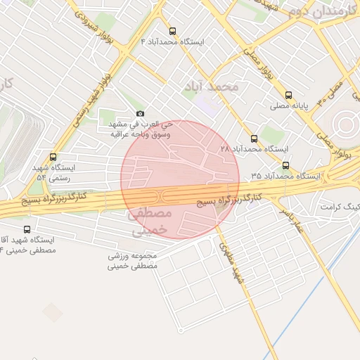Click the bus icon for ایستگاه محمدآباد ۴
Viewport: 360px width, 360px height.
(x=173, y=31)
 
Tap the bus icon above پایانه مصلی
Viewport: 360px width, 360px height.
(x=288, y=95)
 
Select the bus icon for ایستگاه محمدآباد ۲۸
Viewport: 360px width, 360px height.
(x=254, y=139)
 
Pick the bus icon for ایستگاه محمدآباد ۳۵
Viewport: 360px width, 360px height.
(x=285, y=165)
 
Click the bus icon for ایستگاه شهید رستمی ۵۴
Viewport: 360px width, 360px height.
(x=53, y=157)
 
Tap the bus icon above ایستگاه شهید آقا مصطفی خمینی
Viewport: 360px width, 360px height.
(x=27, y=229)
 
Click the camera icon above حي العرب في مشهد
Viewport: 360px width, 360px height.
(x=140, y=114)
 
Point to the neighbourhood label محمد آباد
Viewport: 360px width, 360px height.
(x=210, y=86)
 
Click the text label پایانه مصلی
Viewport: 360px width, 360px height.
(x=289, y=106)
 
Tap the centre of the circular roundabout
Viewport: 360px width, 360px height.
(x=345, y=125)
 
